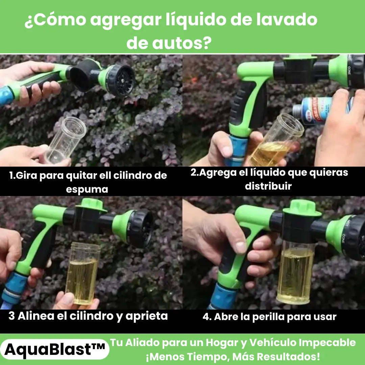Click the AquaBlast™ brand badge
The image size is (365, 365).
click(55, 349)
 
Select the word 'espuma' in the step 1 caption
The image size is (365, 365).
click(87, 189)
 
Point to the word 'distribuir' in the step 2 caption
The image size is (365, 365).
click(268, 186)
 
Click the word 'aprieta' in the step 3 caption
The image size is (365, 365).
click(147, 316)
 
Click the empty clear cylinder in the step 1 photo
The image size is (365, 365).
click(66, 140)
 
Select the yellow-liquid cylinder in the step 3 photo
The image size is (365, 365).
click(83, 273)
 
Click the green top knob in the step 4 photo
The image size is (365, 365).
click(302, 208)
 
